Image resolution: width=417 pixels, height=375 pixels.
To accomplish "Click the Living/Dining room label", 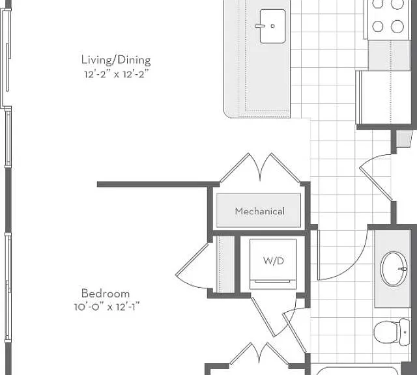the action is tap(116, 60).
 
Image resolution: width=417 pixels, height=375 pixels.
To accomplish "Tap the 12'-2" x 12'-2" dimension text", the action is tap(116, 74).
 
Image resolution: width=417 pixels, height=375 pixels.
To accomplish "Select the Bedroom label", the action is tap(106, 294).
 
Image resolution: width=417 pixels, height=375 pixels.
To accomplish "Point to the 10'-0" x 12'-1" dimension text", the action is tap(107, 307).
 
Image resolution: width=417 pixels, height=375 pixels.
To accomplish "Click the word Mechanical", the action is tap(260, 212).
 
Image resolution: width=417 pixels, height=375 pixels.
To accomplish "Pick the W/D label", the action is tap(274, 260).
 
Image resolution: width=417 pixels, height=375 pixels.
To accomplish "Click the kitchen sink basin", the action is tap(272, 26).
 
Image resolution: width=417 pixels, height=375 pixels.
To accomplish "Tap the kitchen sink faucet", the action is tap(260, 26).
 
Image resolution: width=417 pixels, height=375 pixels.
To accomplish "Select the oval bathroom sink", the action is tap(394, 269).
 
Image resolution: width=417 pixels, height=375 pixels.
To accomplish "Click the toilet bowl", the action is tap(386, 332).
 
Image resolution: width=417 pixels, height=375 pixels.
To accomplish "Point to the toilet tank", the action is tap(405, 332).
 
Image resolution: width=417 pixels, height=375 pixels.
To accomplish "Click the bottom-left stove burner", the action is tap(378, 26).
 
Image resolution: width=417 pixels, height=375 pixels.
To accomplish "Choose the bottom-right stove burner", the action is tap(397, 26).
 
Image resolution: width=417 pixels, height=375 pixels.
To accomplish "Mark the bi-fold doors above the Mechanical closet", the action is tap(260, 167).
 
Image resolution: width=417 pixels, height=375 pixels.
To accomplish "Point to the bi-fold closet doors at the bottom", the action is tap(259, 354).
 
